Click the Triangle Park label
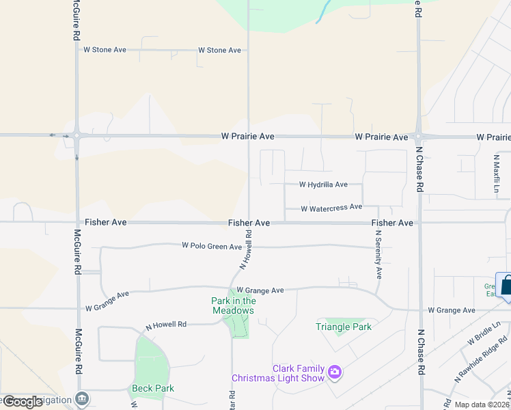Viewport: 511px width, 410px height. pyautogui.click(x=344, y=327)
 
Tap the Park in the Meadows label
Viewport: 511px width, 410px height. pyautogui.click(x=233, y=305)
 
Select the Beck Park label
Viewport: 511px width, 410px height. pyautogui.click(x=152, y=388)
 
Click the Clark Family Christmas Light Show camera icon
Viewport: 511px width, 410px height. pyautogui.click(x=335, y=372)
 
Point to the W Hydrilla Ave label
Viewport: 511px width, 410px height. pyautogui.click(x=323, y=184)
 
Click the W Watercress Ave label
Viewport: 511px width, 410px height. pyautogui.click(x=331, y=208)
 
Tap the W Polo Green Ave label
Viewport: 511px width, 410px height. pyautogui.click(x=212, y=246)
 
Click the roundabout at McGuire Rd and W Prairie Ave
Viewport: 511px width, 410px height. pyautogui.click(x=77, y=135)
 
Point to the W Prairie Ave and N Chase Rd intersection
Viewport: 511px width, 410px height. pyautogui.click(x=419, y=137)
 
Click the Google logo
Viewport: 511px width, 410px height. pyautogui.click(x=23, y=401)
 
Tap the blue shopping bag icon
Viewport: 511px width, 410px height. pyautogui.click(x=507, y=286)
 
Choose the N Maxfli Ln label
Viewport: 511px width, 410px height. pyautogui.click(x=497, y=172)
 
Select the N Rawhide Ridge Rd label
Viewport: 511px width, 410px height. pyautogui.click(x=482, y=359)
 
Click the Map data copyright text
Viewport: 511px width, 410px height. pyautogui.click(x=481, y=405)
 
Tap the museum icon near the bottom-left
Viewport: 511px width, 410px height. pyautogui.click(x=82, y=398)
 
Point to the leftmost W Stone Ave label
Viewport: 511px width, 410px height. pyautogui.click(x=105, y=50)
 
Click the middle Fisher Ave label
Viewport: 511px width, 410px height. pyautogui.click(x=249, y=223)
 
